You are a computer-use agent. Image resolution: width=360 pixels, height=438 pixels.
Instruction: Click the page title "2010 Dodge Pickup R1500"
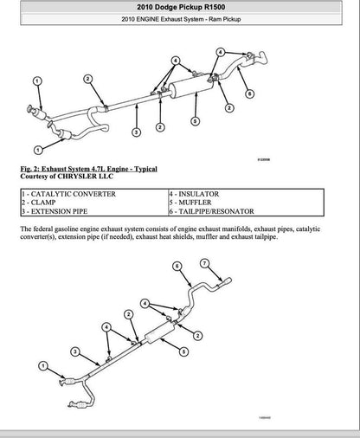pos(180,8)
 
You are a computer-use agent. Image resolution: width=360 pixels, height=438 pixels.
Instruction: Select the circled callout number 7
pos(204,263)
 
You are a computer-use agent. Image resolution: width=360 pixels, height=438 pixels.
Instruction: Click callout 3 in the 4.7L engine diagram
pos(137,132)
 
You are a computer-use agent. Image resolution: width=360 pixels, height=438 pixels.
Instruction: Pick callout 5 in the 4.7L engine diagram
pos(195,120)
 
